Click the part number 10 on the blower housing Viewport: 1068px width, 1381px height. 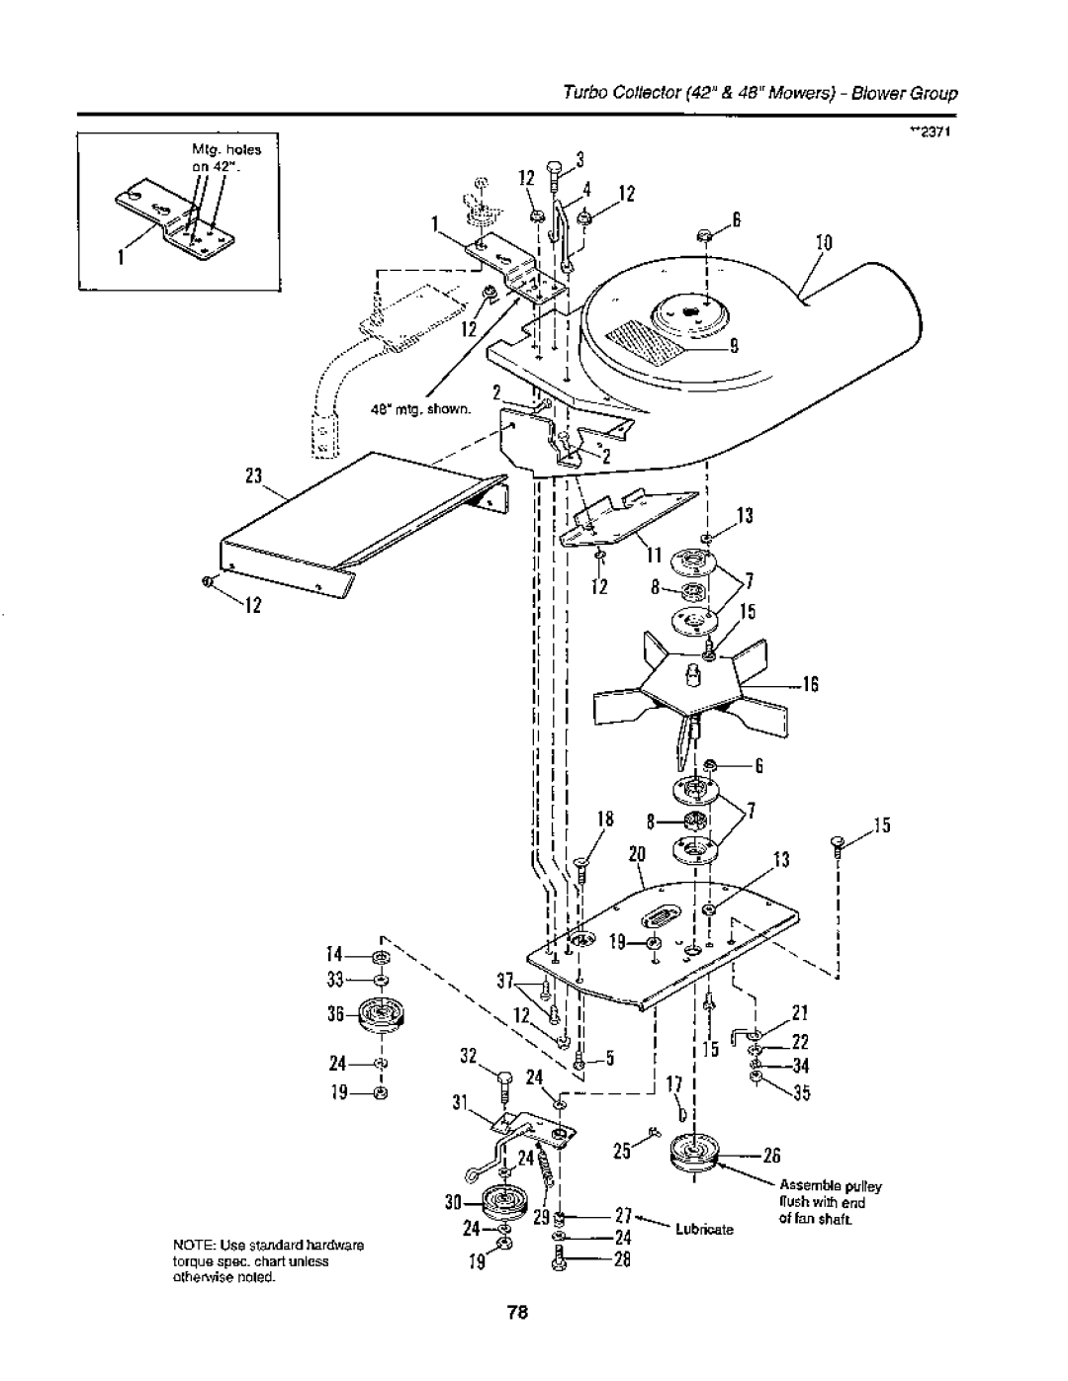coord(823,243)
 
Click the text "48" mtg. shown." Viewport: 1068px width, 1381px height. coord(421,409)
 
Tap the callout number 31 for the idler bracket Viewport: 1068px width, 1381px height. coord(460,1104)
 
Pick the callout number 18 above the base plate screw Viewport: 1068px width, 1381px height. coord(605,820)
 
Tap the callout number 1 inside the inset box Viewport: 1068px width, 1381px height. coord(122,259)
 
